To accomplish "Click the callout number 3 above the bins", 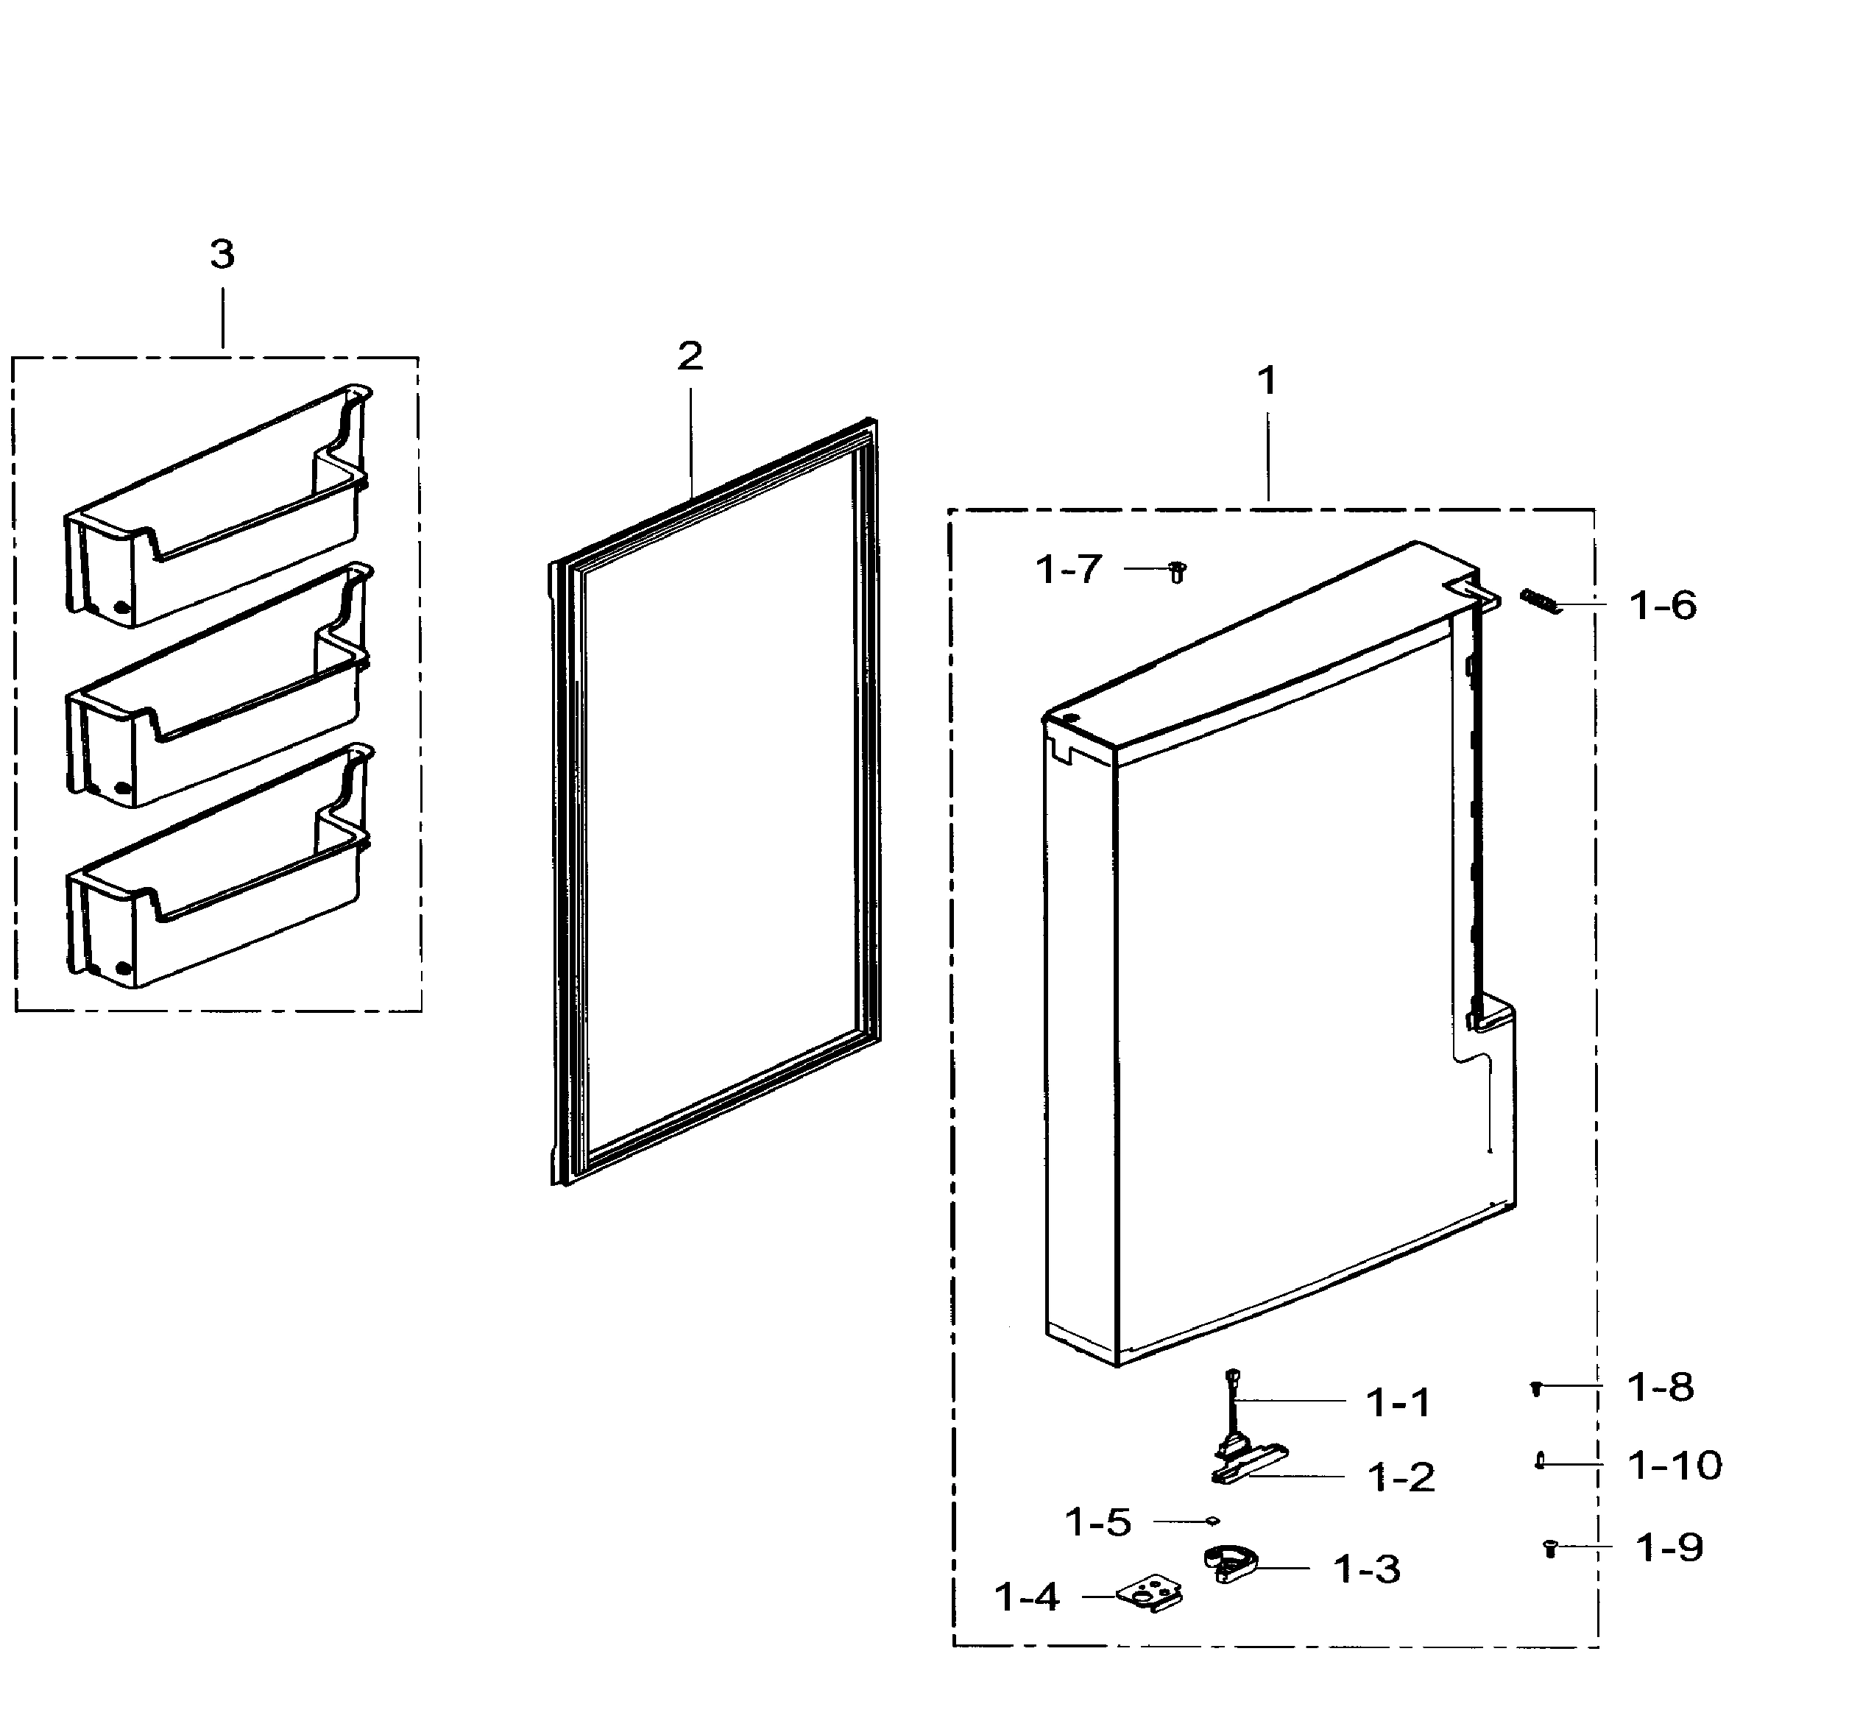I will click(222, 254).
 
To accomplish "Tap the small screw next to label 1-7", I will click(1177, 571).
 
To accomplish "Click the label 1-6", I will click(1663, 605).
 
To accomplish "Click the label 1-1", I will click(1397, 1402).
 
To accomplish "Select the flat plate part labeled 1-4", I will click(1152, 1595).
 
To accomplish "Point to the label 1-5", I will click(1097, 1522).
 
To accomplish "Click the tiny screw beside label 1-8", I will click(1537, 1388).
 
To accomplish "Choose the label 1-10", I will click(1674, 1465).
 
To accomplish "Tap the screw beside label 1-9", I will click(1551, 1548).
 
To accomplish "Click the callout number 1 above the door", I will click(1267, 380).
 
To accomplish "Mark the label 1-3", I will click(1366, 1569).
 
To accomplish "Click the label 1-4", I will click(1026, 1597).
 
